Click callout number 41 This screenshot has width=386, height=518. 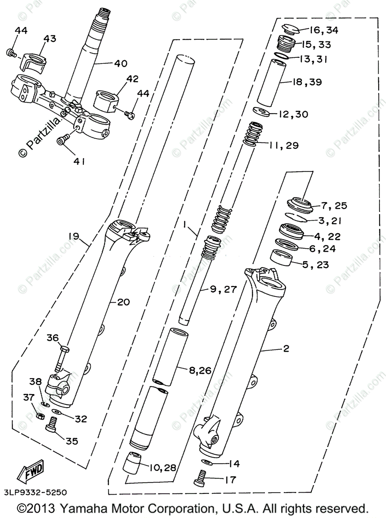78,161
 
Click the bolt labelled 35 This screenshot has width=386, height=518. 51,425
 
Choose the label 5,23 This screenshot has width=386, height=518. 316,264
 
